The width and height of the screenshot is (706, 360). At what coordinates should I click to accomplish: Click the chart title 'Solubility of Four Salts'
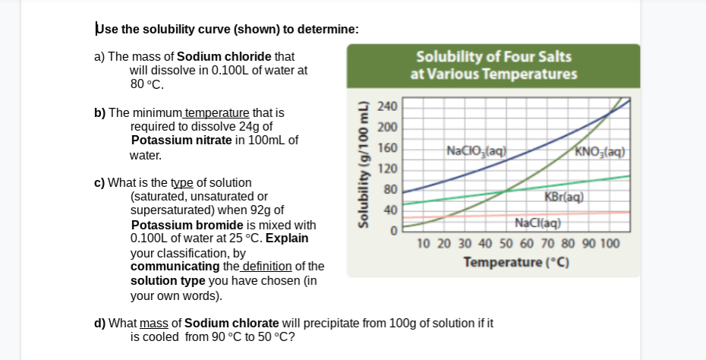pos(493,57)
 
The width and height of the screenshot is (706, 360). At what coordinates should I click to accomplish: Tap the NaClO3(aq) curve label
pos(476,150)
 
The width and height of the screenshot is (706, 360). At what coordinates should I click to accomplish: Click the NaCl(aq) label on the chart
pos(537,223)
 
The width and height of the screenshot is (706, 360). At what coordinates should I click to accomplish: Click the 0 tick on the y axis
pos(394,229)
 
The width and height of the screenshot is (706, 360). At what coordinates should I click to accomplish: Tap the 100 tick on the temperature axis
pos(610,244)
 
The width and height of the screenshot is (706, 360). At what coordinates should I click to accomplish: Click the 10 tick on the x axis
pos(424,244)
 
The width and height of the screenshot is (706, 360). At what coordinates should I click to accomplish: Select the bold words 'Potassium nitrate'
pos(178,140)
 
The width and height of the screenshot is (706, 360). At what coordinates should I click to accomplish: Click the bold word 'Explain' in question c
pos(286,238)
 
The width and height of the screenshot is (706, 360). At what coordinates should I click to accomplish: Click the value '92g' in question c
pos(256,210)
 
